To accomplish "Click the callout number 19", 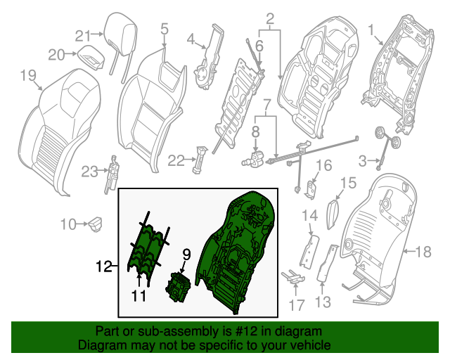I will click(27, 75).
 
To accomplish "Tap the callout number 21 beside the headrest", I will click(84, 36).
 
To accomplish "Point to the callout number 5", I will click(164, 29).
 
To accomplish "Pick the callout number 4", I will click(190, 41).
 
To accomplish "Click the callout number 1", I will click(373, 30).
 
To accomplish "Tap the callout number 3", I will click(363, 162).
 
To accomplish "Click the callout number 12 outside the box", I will click(103, 266).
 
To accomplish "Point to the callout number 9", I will click(187, 253).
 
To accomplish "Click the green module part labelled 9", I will click(178, 288).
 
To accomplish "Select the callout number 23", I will click(89, 171).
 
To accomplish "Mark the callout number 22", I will click(176, 160).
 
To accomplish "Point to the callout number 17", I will click(297, 306).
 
